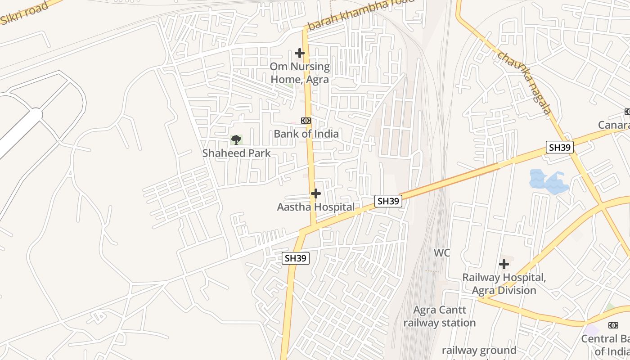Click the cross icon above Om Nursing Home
pyautogui.click(x=300, y=53)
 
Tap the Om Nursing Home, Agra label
pyautogui.click(x=300, y=73)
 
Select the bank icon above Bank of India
pyautogui.click(x=306, y=121)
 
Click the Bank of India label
pyautogui.click(x=306, y=134)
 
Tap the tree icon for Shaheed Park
pyautogui.click(x=236, y=140)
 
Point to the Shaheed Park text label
pyautogui.click(x=236, y=153)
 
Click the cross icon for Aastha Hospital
pyautogui.click(x=316, y=193)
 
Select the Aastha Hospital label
pyautogui.click(x=315, y=207)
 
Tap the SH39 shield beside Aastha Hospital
pyautogui.click(x=388, y=201)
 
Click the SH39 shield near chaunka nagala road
pyautogui.click(x=560, y=147)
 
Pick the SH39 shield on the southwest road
pyautogui.click(x=296, y=258)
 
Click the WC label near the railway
pyautogui.click(x=442, y=253)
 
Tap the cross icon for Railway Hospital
pyautogui.click(x=504, y=264)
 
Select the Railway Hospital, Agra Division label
pyautogui.click(x=504, y=284)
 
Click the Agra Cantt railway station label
pyautogui.click(x=439, y=316)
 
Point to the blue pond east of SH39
pyautogui.click(x=548, y=182)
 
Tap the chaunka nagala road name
pyautogui.click(x=525, y=82)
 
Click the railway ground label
pyautogui.click(x=479, y=350)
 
